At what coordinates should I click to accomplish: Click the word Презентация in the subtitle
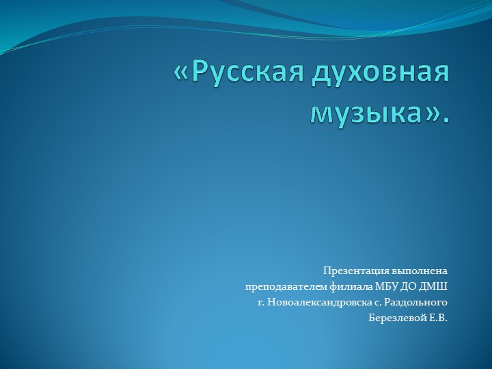point(357,270)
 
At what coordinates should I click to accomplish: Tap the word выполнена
point(420,270)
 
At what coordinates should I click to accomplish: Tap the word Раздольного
point(416,301)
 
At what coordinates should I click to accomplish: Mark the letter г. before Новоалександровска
point(260,302)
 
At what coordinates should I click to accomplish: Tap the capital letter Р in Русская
point(198,72)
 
